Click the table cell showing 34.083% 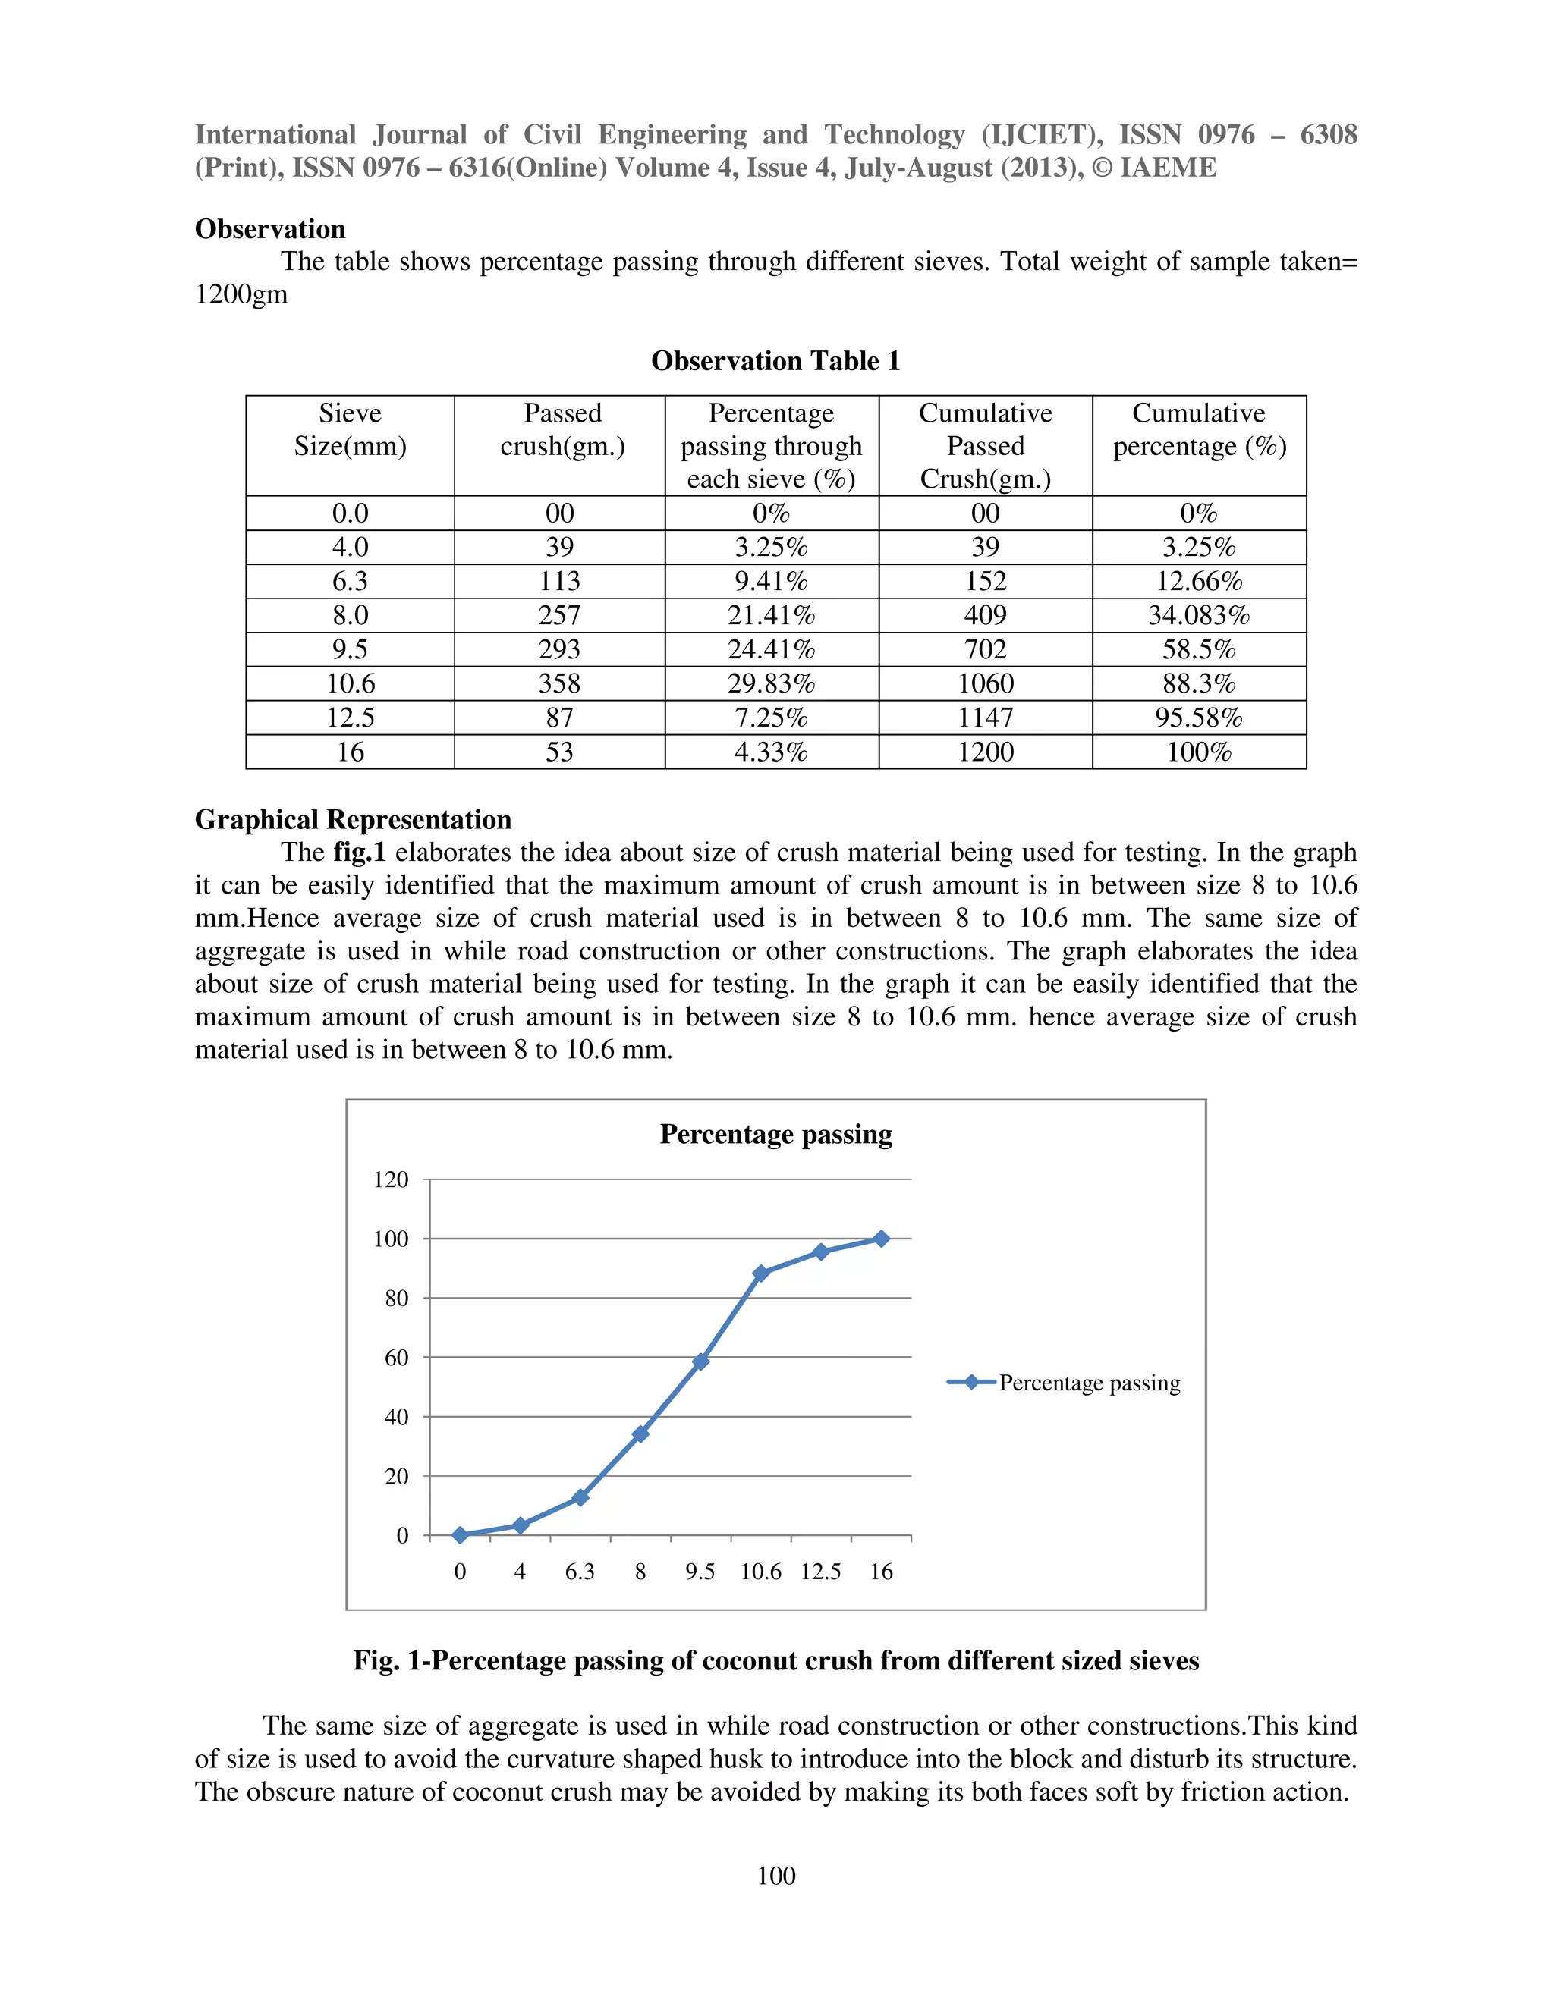(1199, 615)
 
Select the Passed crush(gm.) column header (562, 430)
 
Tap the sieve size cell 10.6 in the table (350, 683)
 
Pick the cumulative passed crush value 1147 (985, 717)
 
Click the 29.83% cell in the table (771, 683)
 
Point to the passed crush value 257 (560, 615)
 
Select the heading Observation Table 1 (775, 361)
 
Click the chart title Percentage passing (775, 1134)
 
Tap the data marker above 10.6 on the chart (760, 1274)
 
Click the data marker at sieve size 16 (881, 1239)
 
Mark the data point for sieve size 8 (640, 1434)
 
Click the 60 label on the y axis (396, 1358)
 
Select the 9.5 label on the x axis (700, 1572)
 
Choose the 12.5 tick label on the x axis (820, 1572)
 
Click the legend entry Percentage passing (1088, 1383)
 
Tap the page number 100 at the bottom (776, 1876)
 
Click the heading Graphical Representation (353, 819)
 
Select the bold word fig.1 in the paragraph (359, 853)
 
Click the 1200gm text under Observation (241, 294)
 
